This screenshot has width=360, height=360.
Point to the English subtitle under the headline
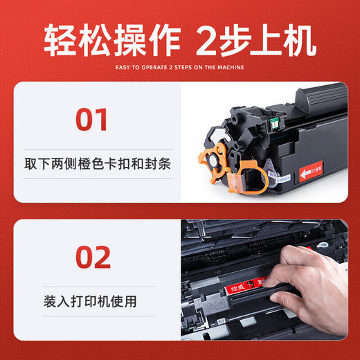coord(179,68)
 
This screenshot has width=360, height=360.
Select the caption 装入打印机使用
coord(88,302)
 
